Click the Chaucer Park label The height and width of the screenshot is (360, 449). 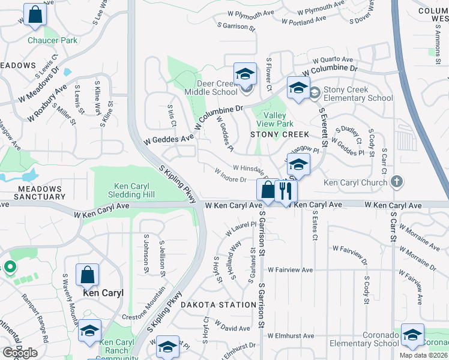[x=52, y=41]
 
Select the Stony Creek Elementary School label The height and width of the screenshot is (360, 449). [x=358, y=94]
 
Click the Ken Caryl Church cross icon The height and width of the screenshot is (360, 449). [x=396, y=181]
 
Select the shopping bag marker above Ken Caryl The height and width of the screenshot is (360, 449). [x=88, y=275]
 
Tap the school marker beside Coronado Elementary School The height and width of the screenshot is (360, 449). [x=412, y=336]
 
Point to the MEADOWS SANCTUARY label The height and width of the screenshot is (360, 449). [x=40, y=193]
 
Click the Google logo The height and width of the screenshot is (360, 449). [x=20, y=353]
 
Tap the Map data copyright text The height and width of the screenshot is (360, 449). [x=423, y=356]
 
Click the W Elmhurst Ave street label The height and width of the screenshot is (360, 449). [x=291, y=335]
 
